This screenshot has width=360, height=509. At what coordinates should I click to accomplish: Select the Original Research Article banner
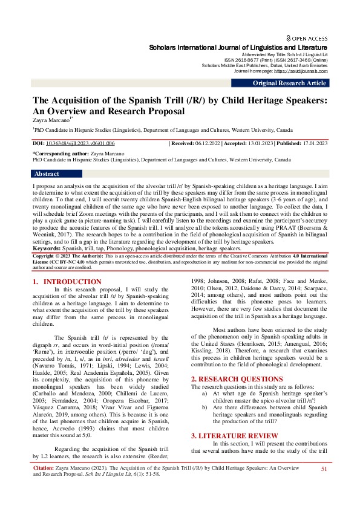289,83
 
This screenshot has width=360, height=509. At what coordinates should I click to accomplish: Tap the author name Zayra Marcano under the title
50,120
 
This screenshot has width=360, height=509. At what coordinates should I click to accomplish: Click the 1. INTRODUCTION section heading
67,282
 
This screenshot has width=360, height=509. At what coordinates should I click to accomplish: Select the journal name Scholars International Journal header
238,47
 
